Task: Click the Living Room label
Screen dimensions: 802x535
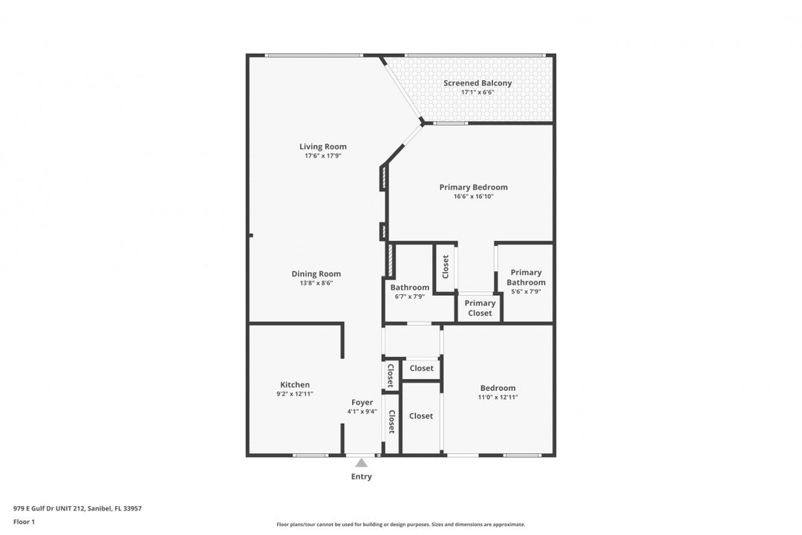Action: click(x=323, y=146)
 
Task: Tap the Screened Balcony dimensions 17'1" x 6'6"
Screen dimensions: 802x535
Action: click(x=477, y=92)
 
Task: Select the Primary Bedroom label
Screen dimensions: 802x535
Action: click(x=474, y=187)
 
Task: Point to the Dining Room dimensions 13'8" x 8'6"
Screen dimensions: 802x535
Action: click(x=316, y=283)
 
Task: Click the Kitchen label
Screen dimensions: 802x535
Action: click(x=295, y=384)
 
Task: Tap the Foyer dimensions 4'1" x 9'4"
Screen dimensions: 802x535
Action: click(x=362, y=412)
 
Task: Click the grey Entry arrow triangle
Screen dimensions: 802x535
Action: click(x=362, y=463)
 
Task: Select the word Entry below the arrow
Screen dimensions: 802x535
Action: click(x=361, y=476)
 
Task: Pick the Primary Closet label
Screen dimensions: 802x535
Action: click(x=480, y=308)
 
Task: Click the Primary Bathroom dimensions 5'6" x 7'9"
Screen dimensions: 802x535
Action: click(x=526, y=292)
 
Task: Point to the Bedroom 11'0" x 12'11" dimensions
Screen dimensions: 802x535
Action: click(x=498, y=398)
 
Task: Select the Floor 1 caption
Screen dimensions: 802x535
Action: click(x=24, y=522)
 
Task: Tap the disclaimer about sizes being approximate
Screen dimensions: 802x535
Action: click(x=400, y=525)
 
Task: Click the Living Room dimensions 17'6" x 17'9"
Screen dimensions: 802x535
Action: click(x=323, y=155)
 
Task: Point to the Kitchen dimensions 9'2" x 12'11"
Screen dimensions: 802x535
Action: click(x=295, y=395)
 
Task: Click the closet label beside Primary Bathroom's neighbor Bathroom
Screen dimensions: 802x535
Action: click(x=446, y=267)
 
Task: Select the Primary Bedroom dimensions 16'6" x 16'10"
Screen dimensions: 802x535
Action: click(x=474, y=197)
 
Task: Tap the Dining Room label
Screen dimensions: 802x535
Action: click(x=316, y=274)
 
